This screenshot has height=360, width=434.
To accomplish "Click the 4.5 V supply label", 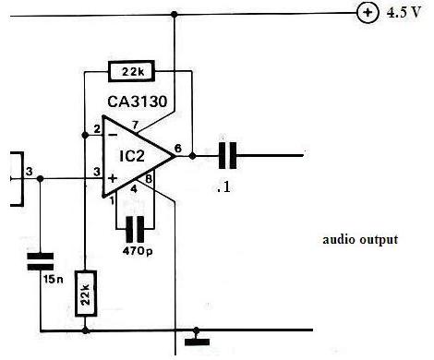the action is pos(404,13).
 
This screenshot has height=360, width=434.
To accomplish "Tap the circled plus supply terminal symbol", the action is pos(368,13).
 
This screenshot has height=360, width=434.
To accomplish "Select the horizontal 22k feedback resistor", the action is pos(131,71).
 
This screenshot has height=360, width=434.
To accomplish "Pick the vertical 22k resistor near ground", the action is pos(86,294).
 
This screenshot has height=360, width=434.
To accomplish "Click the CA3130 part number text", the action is pos(138,102).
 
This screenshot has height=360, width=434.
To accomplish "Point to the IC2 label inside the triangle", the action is pos(132,156).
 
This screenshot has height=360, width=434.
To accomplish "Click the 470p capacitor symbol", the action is pos(135,229).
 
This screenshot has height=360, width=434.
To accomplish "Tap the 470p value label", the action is pos(138,251).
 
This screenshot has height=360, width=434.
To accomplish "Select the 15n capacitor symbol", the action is pos(41,261).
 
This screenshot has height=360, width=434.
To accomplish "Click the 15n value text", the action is pos(54,280).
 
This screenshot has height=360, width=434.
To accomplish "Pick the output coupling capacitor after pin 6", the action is pos(227,155).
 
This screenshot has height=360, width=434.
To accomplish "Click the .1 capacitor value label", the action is pos(223,187).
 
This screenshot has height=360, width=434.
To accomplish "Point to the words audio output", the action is pos(360,240).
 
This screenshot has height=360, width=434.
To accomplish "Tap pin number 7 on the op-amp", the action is pos(135,126).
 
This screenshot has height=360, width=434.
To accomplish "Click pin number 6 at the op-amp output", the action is pos(178,149).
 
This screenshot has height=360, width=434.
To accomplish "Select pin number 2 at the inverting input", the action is pos(97,129).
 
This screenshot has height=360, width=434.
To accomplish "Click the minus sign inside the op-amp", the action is pos(113,135).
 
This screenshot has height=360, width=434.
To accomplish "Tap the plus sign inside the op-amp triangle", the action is pos(113,178).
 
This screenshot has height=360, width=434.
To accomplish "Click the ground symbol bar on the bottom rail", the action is pos(197,342).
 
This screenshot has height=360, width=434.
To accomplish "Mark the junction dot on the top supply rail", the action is pos(175,14).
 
